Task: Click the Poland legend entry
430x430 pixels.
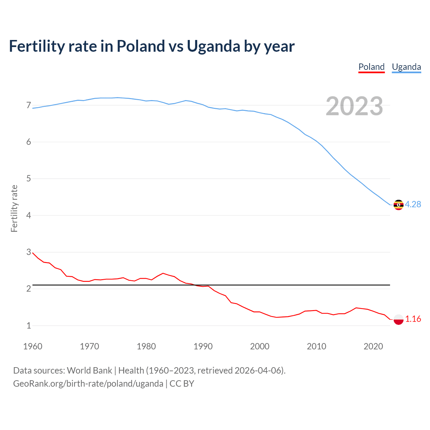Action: point(371,67)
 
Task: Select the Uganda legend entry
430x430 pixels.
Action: point(406,67)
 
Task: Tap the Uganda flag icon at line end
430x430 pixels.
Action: point(398,205)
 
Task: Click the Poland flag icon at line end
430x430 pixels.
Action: point(398,319)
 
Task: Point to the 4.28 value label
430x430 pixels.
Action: point(413,205)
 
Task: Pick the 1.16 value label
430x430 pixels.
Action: point(413,319)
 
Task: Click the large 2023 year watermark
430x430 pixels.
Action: point(354,106)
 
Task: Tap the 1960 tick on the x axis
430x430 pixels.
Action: point(33,346)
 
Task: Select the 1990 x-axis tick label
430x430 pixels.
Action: point(203,346)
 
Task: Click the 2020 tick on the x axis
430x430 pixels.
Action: point(373,346)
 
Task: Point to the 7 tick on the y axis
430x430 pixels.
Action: point(29,105)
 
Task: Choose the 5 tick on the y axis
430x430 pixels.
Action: point(29,179)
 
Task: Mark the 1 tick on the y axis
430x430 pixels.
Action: point(29,326)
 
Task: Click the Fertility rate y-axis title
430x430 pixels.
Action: point(14,208)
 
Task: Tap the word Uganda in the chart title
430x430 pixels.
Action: point(213,46)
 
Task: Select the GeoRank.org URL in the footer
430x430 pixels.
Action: point(88,384)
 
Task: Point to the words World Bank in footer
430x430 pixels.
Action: point(89,371)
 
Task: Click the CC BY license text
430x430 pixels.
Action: point(182,384)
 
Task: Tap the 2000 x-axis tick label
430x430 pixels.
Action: point(260,346)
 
